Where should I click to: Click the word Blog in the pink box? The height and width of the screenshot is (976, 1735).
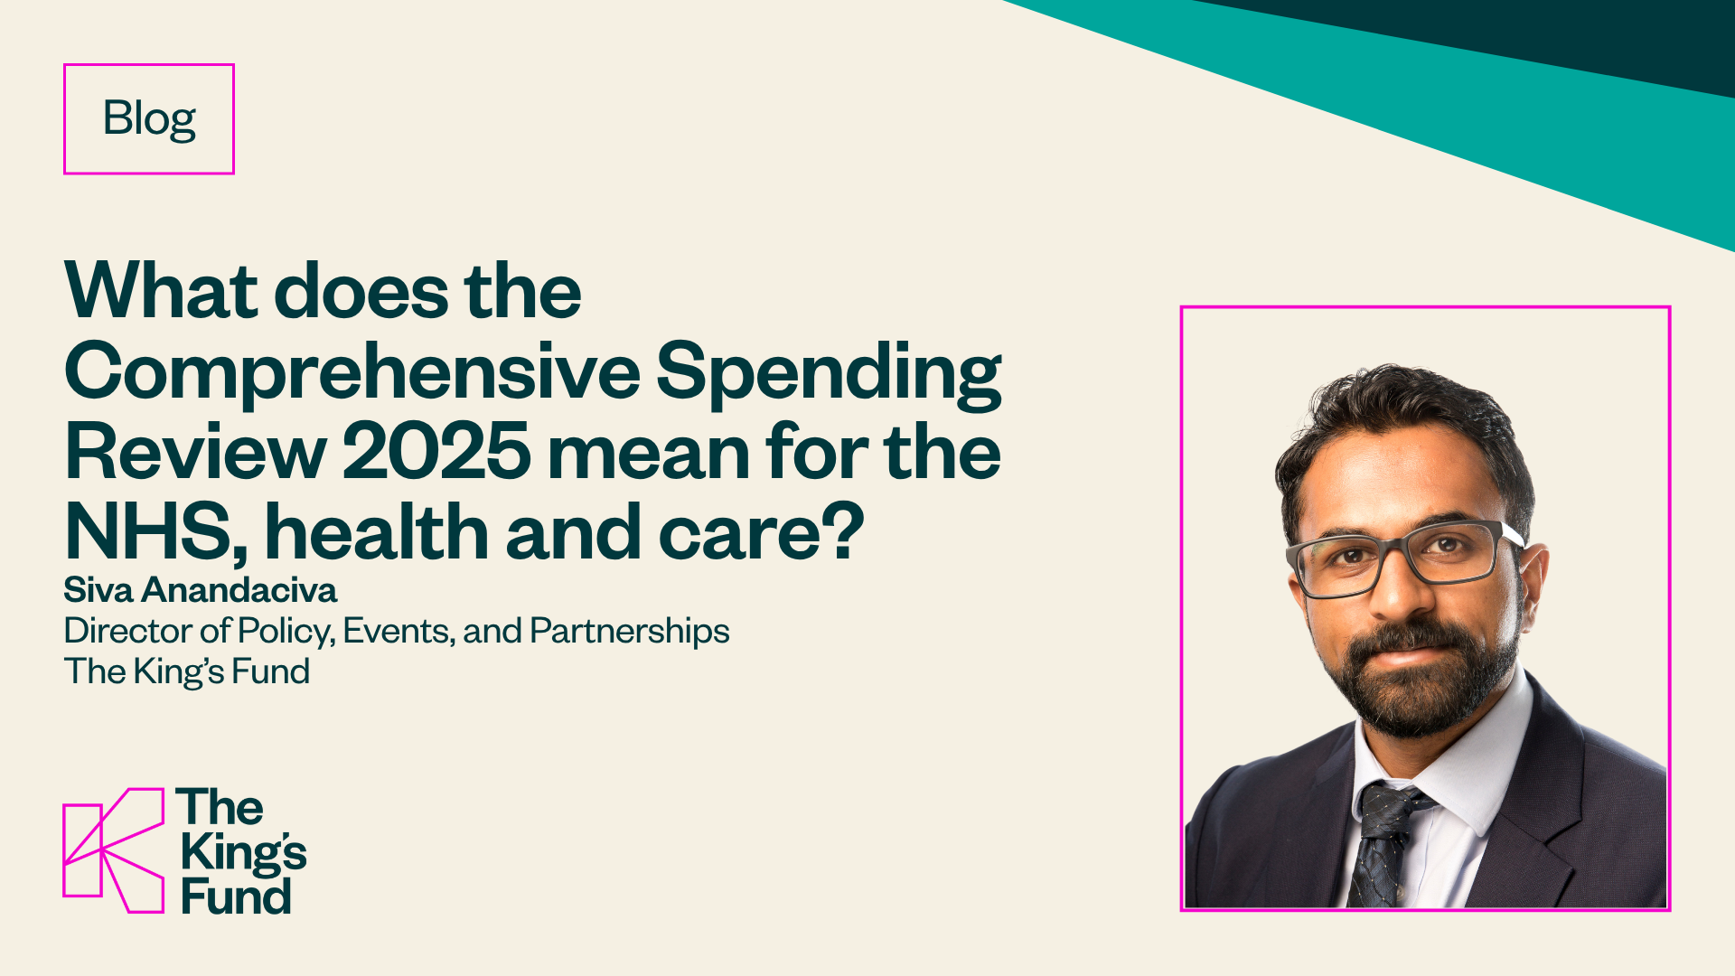(x=149, y=118)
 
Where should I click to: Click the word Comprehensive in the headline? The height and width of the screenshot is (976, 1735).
(x=352, y=371)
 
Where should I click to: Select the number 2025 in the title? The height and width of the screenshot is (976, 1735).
(x=436, y=451)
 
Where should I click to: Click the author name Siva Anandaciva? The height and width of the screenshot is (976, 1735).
(x=200, y=590)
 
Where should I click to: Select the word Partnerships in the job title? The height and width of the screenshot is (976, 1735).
(x=629, y=631)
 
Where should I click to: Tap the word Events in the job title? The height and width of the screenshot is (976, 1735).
(x=398, y=631)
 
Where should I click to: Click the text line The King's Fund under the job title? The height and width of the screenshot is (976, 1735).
(x=186, y=671)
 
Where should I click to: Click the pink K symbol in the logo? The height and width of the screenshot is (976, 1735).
(x=114, y=849)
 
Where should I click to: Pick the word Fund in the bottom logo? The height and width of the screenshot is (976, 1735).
(x=236, y=896)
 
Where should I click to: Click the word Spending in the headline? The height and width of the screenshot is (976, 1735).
(x=828, y=371)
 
